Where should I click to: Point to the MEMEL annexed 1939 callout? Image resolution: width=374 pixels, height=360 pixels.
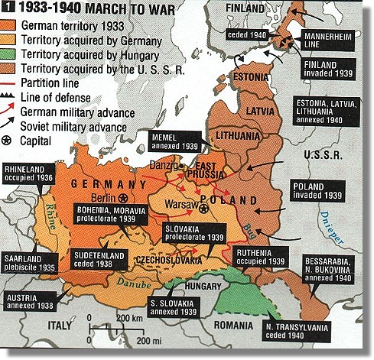[x=175, y=141]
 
